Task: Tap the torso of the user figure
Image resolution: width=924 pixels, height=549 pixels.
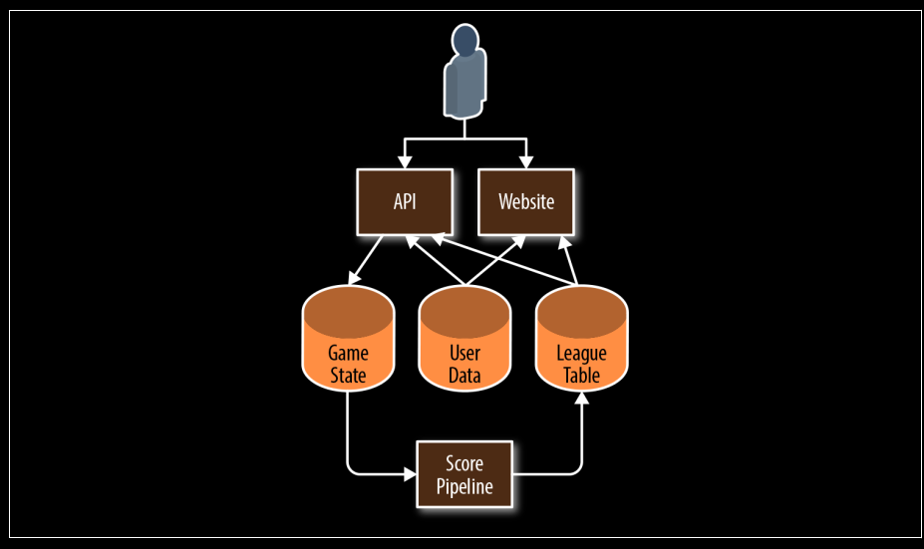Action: (x=464, y=87)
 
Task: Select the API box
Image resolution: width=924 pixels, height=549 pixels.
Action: (x=404, y=201)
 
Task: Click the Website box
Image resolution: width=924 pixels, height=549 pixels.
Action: (x=526, y=201)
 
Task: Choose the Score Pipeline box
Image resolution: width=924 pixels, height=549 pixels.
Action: (x=463, y=475)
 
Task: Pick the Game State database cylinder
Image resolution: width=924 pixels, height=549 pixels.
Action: (x=347, y=339)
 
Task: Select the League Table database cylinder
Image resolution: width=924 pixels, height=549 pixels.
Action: (x=582, y=339)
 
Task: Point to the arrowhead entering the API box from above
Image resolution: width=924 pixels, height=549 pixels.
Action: (x=404, y=161)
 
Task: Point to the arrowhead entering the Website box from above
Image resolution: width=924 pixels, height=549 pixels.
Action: (x=526, y=161)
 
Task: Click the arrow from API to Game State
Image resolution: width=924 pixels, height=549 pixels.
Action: (x=365, y=261)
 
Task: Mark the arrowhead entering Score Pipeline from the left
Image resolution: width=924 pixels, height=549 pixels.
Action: (x=409, y=474)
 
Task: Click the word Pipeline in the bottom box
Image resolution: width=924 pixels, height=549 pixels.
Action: (x=463, y=487)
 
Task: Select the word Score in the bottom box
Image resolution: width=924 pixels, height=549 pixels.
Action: (x=463, y=464)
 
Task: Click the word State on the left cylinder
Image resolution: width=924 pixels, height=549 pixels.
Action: (x=347, y=376)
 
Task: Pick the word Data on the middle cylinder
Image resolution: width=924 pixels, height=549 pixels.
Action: (x=464, y=376)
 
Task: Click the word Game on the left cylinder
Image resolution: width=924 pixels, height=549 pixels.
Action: (x=347, y=354)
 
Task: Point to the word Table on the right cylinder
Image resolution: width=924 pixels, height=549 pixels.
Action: (x=582, y=376)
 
